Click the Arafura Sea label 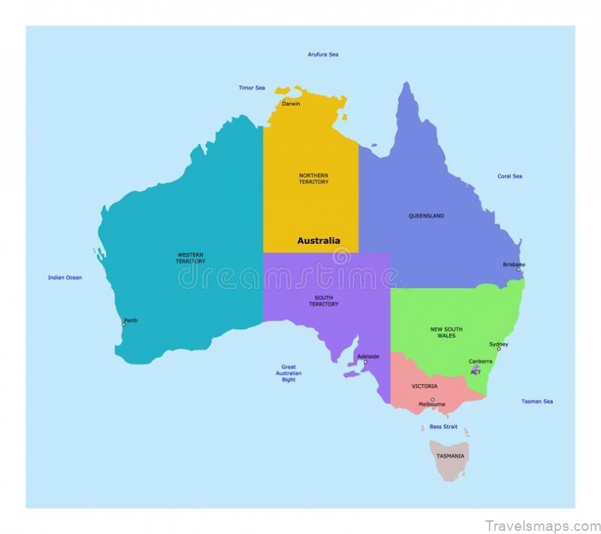click(323, 55)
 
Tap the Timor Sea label click(252, 88)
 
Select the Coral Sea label click(509, 176)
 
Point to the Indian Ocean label click(65, 277)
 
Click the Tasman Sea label click(537, 401)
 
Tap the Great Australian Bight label click(288, 373)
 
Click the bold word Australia click(318, 241)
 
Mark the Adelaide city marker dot click(365, 362)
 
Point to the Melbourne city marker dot click(432, 399)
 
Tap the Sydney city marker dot click(499, 349)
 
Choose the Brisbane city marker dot click(519, 270)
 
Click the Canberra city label click(480, 361)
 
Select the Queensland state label click(426, 216)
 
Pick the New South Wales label click(446, 332)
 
